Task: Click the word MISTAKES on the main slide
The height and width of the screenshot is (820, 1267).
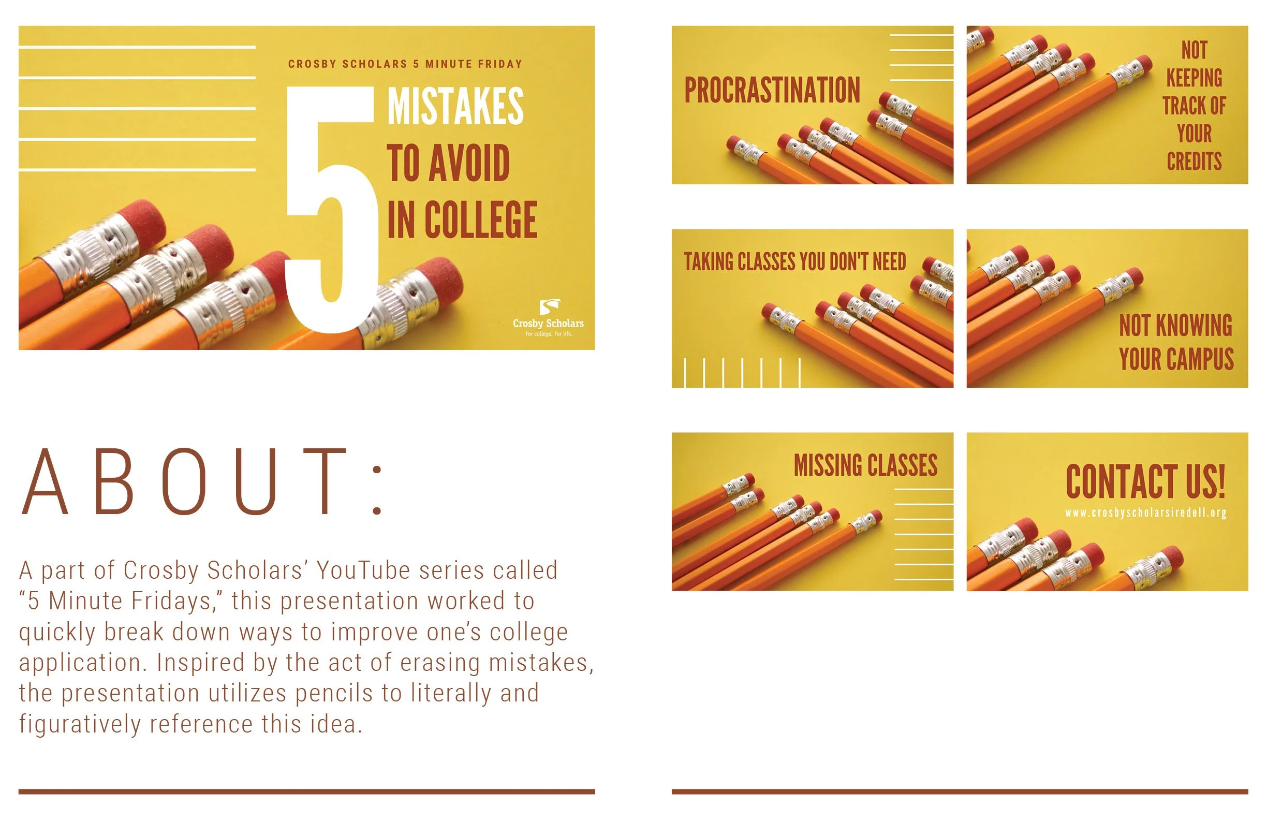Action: click(455, 107)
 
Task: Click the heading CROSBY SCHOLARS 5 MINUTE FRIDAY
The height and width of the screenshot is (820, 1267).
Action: click(405, 64)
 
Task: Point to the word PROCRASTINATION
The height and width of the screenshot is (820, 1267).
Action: click(772, 90)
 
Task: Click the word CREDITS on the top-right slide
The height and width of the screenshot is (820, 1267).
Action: click(1194, 162)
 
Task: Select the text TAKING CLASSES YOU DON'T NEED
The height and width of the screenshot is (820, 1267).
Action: click(795, 261)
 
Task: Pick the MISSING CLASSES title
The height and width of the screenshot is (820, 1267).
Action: click(865, 465)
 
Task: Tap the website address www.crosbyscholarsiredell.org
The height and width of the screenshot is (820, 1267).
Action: click(1145, 513)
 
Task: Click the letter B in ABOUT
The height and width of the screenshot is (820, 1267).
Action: click(114, 482)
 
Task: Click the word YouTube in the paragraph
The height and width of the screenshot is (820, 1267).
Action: click(363, 570)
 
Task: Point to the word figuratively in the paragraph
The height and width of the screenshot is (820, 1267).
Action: click(79, 724)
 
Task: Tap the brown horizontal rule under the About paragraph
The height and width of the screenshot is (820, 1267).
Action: click(306, 792)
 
